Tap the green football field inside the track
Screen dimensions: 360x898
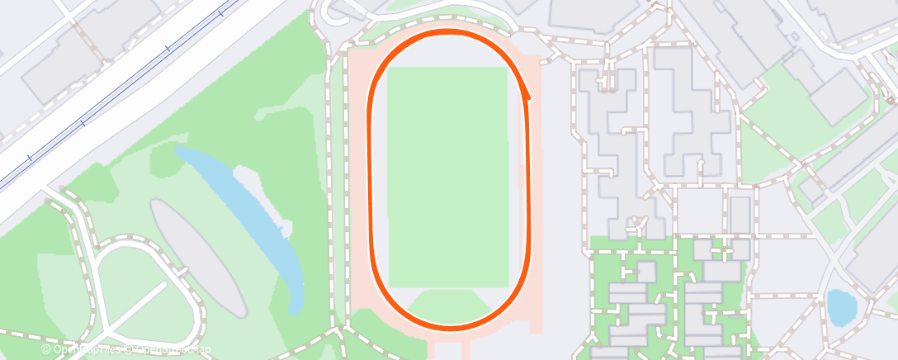[x=447, y=177]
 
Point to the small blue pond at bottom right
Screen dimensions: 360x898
[x=841, y=306]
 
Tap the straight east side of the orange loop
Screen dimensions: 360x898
[x=528, y=182]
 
